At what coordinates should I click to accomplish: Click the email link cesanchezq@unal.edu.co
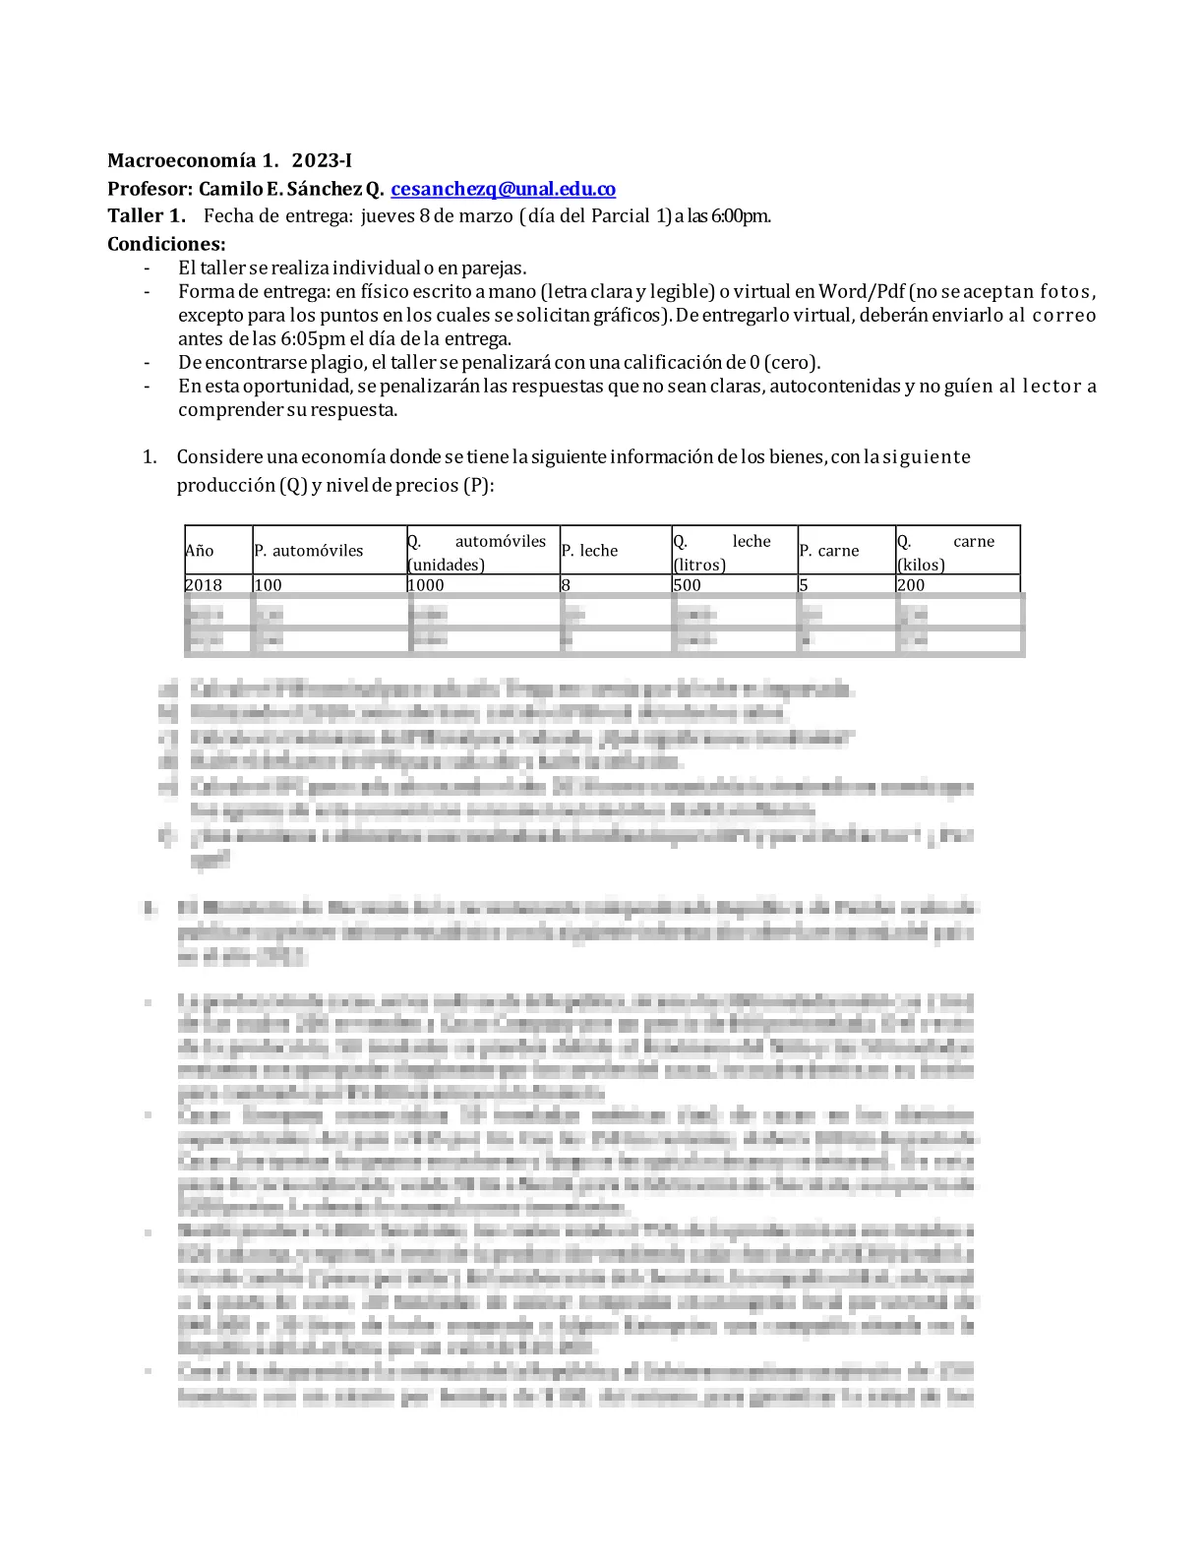click(503, 189)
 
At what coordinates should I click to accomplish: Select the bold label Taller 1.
click(146, 215)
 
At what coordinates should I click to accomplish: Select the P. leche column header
click(589, 551)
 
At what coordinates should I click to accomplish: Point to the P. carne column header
click(829, 551)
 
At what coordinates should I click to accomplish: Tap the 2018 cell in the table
click(204, 584)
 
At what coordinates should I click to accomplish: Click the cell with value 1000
click(426, 584)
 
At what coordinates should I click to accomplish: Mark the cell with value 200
click(911, 584)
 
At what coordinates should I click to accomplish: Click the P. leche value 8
click(566, 584)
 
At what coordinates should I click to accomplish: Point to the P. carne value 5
click(804, 584)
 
